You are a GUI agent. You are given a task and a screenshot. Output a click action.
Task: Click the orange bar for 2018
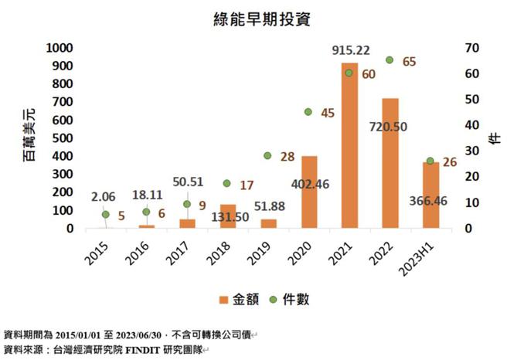pyautogui.click(x=227, y=216)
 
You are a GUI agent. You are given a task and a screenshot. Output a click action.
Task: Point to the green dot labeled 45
pyautogui.click(x=308, y=112)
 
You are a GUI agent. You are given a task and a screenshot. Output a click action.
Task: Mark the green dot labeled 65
pyautogui.click(x=390, y=60)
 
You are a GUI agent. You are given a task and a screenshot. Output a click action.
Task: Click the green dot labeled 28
pyautogui.click(x=267, y=156)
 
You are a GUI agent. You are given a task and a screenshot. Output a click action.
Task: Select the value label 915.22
pyautogui.click(x=350, y=51)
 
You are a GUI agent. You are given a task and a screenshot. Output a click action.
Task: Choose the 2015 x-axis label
pyautogui.click(x=100, y=250)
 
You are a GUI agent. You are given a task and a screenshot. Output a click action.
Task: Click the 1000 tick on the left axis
pyautogui.click(x=59, y=48)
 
